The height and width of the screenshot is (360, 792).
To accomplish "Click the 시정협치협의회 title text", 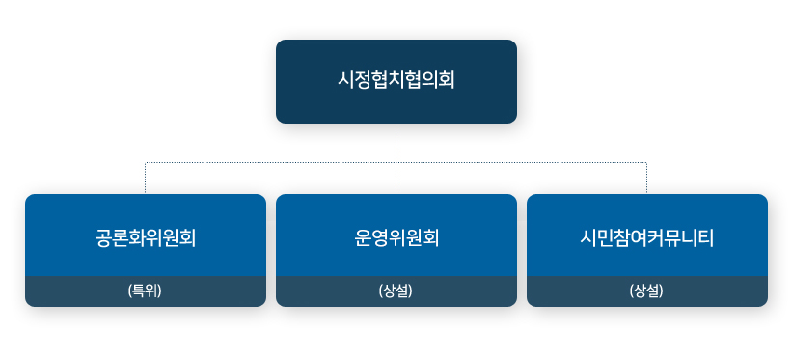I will (x=396, y=80).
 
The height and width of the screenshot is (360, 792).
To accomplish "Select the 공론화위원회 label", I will (x=146, y=236).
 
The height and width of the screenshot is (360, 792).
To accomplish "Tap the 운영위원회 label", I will (x=396, y=236).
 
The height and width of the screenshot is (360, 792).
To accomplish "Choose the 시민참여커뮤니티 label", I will (x=646, y=236).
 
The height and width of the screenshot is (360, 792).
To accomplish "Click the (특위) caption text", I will (x=146, y=291).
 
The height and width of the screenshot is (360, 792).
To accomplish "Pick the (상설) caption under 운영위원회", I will (x=396, y=291).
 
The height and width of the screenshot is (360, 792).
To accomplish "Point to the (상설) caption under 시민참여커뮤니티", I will (x=646, y=291).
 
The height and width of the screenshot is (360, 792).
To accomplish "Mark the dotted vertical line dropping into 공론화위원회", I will (x=146, y=179).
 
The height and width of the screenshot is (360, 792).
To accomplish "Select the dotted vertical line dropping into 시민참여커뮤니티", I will (x=646, y=179).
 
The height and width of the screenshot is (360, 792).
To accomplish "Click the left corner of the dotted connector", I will (x=146, y=163).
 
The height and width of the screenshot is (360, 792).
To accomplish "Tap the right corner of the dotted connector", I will (x=646, y=163).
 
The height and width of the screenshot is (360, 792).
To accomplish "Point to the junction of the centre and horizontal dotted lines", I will (x=396, y=163).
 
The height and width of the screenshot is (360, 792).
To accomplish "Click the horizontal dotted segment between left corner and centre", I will (x=270, y=163).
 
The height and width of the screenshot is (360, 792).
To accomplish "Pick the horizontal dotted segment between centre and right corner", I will (x=521, y=163).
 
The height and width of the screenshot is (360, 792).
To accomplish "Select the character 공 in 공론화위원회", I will (x=104, y=236).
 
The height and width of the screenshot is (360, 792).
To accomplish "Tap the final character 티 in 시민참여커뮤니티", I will (x=705, y=236).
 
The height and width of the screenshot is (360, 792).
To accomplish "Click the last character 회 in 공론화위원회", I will (x=188, y=236).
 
